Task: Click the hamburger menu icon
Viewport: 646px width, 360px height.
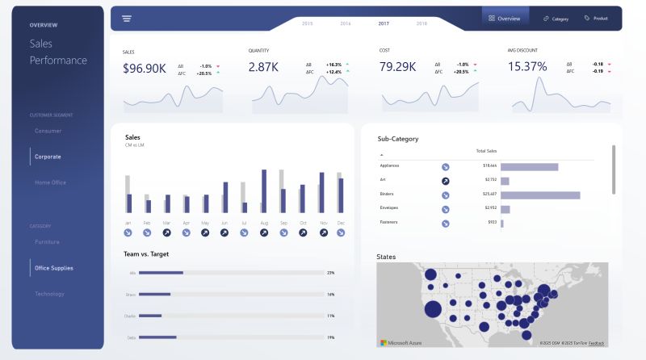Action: pyautogui.click(x=127, y=18)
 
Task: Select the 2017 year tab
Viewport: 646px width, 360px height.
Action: pyautogui.click(x=384, y=23)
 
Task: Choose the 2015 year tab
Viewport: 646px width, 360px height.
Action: pyautogui.click(x=307, y=23)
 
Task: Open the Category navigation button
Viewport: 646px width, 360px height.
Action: pyautogui.click(x=556, y=18)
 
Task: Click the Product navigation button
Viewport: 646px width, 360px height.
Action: pyautogui.click(x=597, y=18)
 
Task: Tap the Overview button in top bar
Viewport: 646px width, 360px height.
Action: pyautogui.click(x=505, y=18)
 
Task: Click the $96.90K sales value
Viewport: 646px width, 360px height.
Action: pyautogui.click(x=145, y=68)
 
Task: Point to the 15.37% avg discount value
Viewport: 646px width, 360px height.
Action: pyautogui.click(x=527, y=67)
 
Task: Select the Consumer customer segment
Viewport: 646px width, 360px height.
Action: pyautogui.click(x=48, y=131)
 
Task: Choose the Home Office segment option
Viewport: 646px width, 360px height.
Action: pyautogui.click(x=50, y=182)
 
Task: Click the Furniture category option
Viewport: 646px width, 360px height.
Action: pyautogui.click(x=47, y=242)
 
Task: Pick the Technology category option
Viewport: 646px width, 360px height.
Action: pyautogui.click(x=49, y=294)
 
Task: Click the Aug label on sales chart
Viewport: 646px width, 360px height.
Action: pyautogui.click(x=264, y=222)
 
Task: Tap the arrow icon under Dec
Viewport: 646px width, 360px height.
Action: pyautogui.click(x=341, y=232)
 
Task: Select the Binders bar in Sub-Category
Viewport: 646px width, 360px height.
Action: pyautogui.click(x=540, y=195)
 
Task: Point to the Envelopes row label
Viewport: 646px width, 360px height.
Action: pyautogui.click(x=389, y=207)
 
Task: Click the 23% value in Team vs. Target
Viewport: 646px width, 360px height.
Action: pyautogui.click(x=330, y=273)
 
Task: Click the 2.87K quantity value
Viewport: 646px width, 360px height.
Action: pyautogui.click(x=263, y=68)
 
